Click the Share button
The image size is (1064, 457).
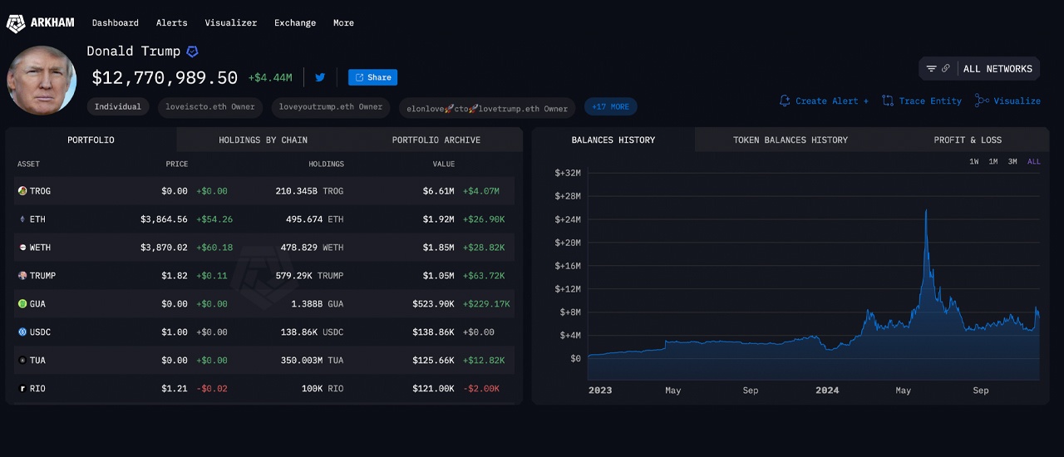point(372,77)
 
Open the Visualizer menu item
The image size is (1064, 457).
point(230,22)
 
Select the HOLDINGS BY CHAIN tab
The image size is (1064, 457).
point(263,140)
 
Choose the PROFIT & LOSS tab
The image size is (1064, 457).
point(968,140)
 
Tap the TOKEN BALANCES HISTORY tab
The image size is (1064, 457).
point(790,140)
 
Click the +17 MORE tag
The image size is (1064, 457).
point(611,106)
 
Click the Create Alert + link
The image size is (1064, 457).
point(824,101)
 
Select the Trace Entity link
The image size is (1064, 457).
point(922,101)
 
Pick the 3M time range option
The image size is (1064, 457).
point(1012,161)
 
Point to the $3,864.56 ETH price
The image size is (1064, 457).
point(164,219)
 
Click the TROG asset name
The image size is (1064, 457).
point(40,191)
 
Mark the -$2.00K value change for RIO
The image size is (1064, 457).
point(480,389)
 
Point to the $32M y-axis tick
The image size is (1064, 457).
point(568,173)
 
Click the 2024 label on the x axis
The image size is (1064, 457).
point(827,391)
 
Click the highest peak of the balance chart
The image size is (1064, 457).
point(926,211)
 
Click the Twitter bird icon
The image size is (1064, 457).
point(320,77)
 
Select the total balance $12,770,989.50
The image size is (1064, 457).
point(165,78)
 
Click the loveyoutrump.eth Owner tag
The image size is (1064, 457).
point(330,106)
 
